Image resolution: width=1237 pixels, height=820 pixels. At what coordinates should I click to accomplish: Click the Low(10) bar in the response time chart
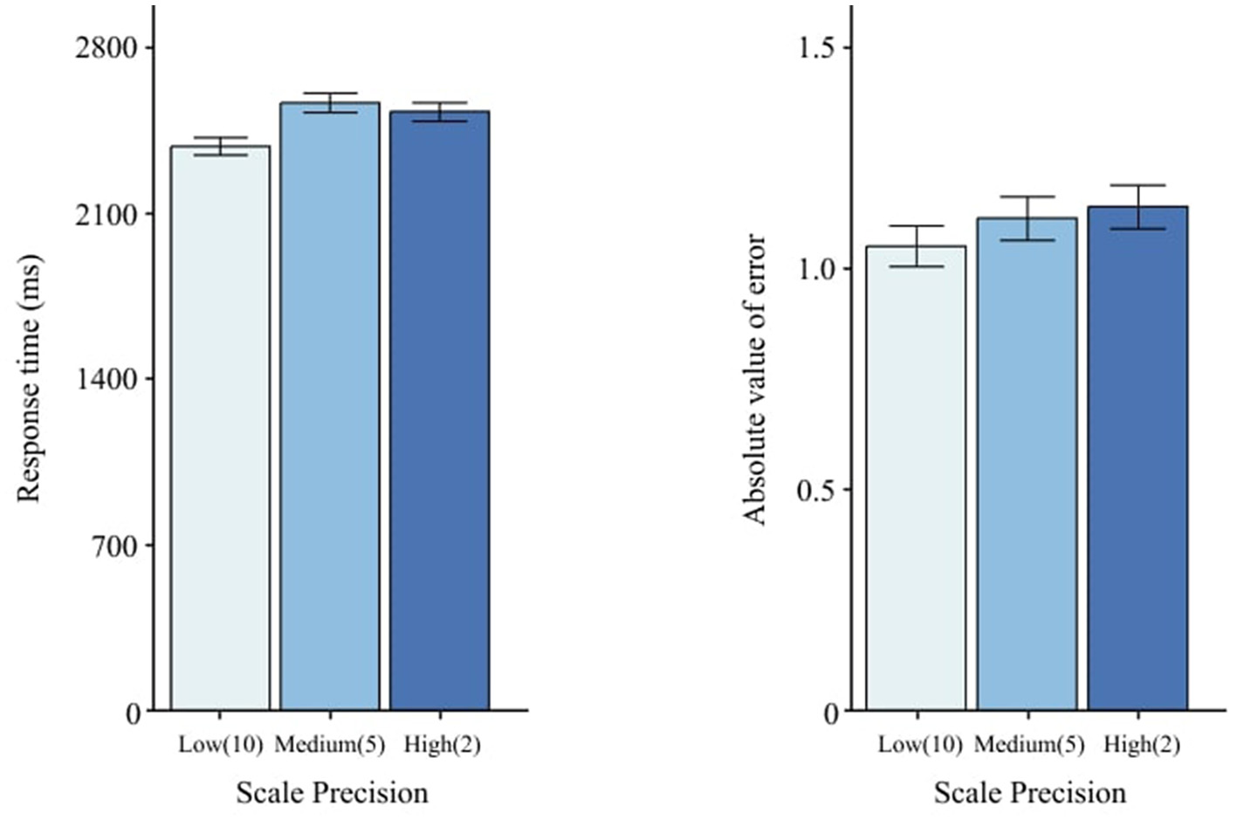[x=220, y=428]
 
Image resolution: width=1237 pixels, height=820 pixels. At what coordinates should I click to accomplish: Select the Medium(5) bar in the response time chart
[x=330, y=406]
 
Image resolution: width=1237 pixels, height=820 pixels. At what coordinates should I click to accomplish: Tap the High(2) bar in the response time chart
[x=440, y=410]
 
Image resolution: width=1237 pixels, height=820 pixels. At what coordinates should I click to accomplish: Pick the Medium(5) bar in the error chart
[x=1027, y=464]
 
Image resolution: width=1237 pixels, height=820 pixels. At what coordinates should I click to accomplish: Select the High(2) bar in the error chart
[x=1137, y=458]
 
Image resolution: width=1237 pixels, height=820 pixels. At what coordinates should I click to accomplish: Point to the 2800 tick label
[x=107, y=47]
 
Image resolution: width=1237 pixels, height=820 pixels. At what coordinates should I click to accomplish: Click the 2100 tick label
[x=107, y=214]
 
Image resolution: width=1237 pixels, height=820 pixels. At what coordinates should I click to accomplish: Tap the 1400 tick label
[x=107, y=379]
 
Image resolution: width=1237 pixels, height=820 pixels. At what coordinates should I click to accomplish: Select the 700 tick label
[x=115, y=546]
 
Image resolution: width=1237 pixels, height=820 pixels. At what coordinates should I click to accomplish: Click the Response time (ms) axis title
[x=30, y=378]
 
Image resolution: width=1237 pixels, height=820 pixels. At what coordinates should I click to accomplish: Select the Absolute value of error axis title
[x=754, y=379]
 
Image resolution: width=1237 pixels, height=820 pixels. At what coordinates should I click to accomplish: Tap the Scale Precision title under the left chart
[x=332, y=793]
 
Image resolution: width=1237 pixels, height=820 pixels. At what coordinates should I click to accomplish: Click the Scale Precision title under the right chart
[x=1029, y=793]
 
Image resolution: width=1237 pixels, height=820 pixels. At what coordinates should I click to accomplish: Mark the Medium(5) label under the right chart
[x=1028, y=745]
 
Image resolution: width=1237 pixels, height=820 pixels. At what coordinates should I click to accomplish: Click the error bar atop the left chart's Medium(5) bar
[x=330, y=103]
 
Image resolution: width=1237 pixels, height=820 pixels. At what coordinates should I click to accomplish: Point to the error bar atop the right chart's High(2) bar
[x=1137, y=207]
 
